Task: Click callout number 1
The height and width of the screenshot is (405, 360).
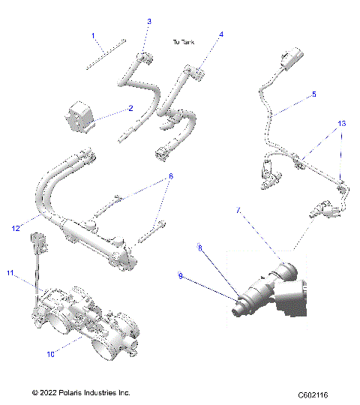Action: pyautogui.click(x=94, y=35)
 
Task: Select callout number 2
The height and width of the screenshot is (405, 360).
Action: pyautogui.click(x=130, y=108)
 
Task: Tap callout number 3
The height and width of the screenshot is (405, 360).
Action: pyautogui.click(x=149, y=21)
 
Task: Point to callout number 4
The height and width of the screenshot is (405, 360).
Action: pyautogui.click(x=221, y=34)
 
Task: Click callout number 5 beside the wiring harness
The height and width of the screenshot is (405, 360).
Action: pyautogui.click(x=313, y=94)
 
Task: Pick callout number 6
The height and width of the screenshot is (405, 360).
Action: pyautogui.click(x=170, y=176)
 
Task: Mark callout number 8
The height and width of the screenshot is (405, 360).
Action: pyautogui.click(x=199, y=247)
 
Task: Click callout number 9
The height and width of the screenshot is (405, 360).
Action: pyautogui.click(x=180, y=276)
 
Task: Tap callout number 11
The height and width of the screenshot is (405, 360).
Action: pyautogui.click(x=10, y=273)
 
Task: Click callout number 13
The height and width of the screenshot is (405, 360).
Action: pyautogui.click(x=342, y=122)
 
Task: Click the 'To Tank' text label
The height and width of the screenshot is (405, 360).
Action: pyautogui.click(x=184, y=43)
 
